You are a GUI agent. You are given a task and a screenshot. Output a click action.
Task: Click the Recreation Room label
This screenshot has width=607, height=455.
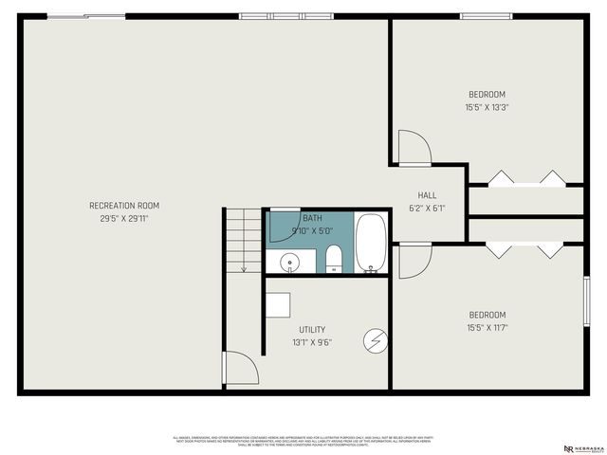pyautogui.click(x=124, y=205)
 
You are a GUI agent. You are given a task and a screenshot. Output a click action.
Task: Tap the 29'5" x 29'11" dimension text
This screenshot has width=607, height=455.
pyautogui.click(x=124, y=218)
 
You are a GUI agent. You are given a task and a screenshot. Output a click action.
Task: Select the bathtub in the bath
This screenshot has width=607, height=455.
pyautogui.click(x=371, y=243)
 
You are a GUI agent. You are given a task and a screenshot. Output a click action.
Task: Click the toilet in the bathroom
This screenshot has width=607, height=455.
pyautogui.click(x=333, y=259)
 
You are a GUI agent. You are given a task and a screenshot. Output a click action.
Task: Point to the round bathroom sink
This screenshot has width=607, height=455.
pyautogui.click(x=287, y=261)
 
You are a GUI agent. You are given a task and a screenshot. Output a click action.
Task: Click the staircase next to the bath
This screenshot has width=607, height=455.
pyautogui.click(x=244, y=239)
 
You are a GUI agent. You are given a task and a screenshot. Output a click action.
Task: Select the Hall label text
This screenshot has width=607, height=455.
pyautogui.click(x=427, y=195)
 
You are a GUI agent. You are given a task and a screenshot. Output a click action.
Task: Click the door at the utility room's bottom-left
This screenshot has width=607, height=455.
pyautogui.click(x=238, y=369)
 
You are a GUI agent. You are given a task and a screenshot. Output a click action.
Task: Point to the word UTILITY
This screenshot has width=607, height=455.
pyautogui.click(x=312, y=330)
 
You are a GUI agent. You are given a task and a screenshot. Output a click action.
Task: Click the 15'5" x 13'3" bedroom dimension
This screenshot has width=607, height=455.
pyautogui.click(x=487, y=107)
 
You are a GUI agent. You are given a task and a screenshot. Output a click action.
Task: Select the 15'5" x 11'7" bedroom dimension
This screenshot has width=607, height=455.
pyautogui.click(x=487, y=328)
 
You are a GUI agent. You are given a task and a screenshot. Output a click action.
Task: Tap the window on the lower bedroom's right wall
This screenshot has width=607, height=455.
pyautogui.click(x=587, y=300)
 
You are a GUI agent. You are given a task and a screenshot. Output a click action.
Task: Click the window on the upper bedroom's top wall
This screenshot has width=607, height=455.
pyautogui.click(x=487, y=16)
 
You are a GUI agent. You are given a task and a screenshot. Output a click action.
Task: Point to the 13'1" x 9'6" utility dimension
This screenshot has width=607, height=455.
pyautogui.click(x=312, y=343)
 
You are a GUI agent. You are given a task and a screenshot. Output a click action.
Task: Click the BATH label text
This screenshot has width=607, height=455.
pyautogui.click(x=312, y=217)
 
